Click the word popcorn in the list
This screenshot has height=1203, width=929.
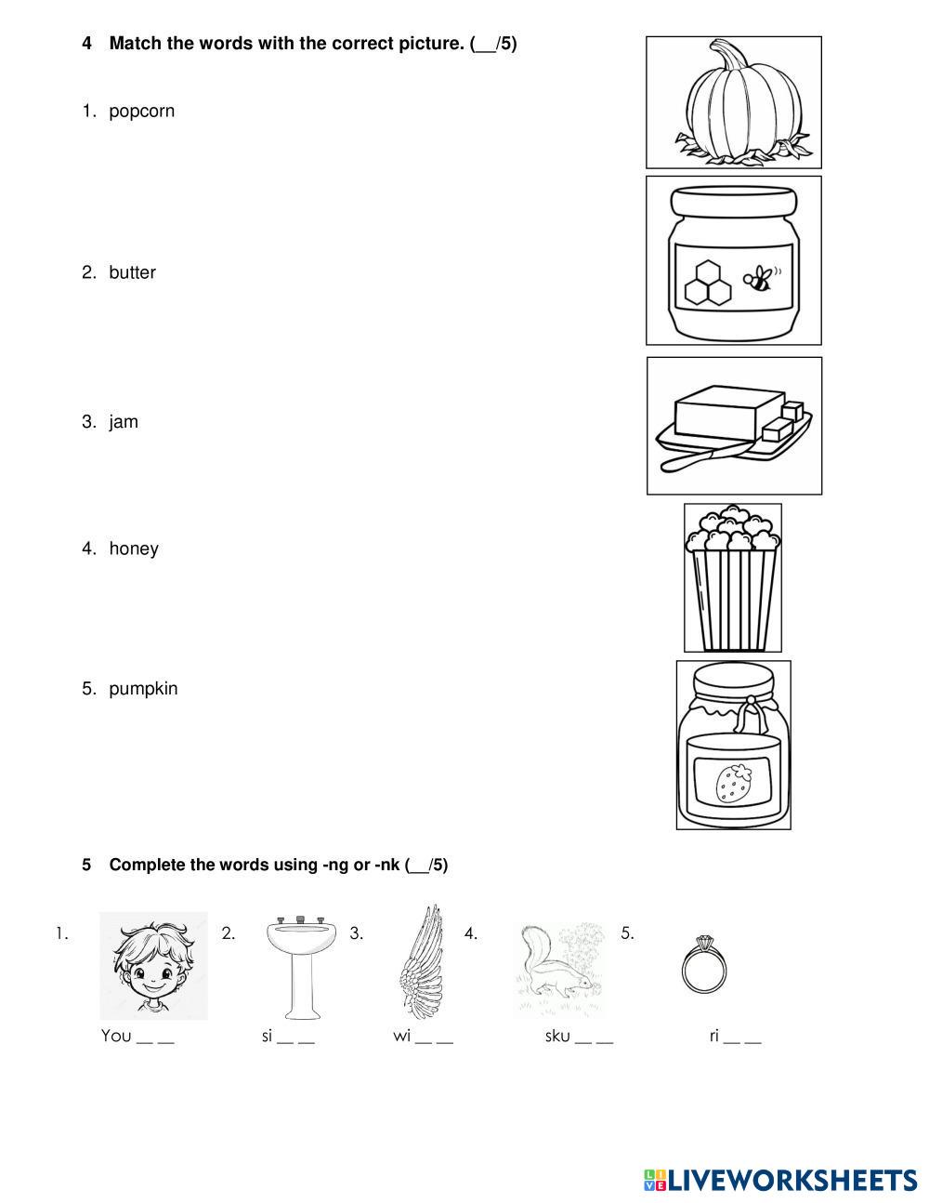click(141, 112)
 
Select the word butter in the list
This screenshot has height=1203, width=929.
click(132, 272)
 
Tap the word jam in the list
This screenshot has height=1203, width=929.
click(124, 422)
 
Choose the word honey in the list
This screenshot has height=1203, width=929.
click(134, 549)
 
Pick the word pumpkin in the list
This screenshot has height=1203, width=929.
click(143, 689)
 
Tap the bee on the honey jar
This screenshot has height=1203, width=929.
click(759, 278)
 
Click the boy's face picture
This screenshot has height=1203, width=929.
click(153, 965)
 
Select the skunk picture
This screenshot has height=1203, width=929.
click(558, 967)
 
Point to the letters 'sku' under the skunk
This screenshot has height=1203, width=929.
click(557, 1036)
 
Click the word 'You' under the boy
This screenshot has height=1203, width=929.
click(116, 1036)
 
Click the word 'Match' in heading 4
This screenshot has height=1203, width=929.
click(136, 43)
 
